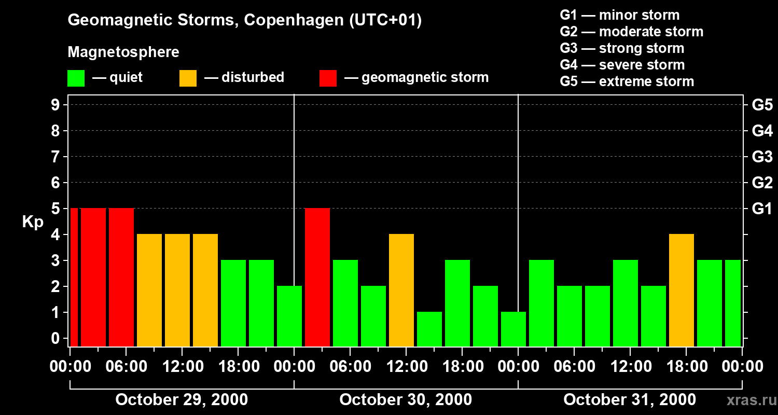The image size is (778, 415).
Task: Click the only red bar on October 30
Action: (317, 277)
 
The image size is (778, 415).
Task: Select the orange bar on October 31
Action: (682, 290)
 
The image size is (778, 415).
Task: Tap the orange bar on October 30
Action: (401, 290)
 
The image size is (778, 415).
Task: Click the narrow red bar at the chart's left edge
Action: (74, 277)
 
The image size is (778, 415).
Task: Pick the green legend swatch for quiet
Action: (76, 78)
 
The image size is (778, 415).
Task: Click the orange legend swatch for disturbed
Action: (188, 78)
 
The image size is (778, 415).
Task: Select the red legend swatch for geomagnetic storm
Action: (328, 78)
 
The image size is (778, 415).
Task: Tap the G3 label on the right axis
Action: (762, 157)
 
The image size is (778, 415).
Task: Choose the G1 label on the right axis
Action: (762, 209)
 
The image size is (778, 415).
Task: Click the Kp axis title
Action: (32, 222)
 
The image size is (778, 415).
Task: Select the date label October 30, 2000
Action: (406, 400)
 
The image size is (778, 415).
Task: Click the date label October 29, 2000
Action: (182, 400)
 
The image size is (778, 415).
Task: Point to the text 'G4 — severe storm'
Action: (622, 65)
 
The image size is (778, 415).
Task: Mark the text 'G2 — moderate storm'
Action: (632, 32)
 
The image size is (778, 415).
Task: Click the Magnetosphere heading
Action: (123, 52)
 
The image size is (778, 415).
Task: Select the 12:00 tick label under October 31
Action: (630, 367)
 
